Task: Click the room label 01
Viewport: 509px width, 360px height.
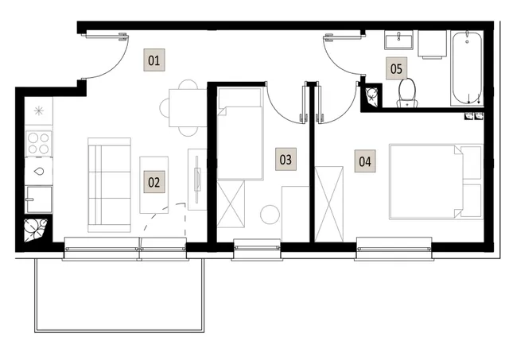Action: click(x=154, y=60)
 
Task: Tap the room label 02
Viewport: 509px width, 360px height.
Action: click(x=154, y=182)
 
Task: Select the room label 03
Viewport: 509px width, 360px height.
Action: click(x=286, y=159)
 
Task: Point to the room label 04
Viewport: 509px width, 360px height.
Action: click(x=365, y=161)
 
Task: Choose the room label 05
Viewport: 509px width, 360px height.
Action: click(x=396, y=68)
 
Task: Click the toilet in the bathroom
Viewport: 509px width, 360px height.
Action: click(x=407, y=93)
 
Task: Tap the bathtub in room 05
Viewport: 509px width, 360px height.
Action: click(x=467, y=68)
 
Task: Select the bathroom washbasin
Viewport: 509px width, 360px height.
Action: click(x=399, y=41)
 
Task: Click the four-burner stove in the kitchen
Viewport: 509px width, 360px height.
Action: click(x=39, y=143)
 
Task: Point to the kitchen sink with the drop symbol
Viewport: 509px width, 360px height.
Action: click(x=39, y=171)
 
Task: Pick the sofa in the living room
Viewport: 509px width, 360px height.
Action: click(x=109, y=185)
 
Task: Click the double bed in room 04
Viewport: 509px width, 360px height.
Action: click(x=436, y=182)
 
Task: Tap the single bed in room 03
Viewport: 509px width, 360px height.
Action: click(x=240, y=134)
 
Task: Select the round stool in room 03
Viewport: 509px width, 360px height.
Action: click(x=270, y=215)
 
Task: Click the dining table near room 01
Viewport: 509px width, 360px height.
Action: click(x=188, y=108)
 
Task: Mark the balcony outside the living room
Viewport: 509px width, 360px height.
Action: click(x=119, y=295)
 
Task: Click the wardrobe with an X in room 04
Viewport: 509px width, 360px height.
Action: click(x=328, y=204)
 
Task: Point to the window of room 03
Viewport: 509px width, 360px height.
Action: click(x=257, y=249)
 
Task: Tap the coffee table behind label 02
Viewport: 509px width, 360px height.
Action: click(x=153, y=185)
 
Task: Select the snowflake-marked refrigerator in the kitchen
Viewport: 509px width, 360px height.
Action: click(x=39, y=111)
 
